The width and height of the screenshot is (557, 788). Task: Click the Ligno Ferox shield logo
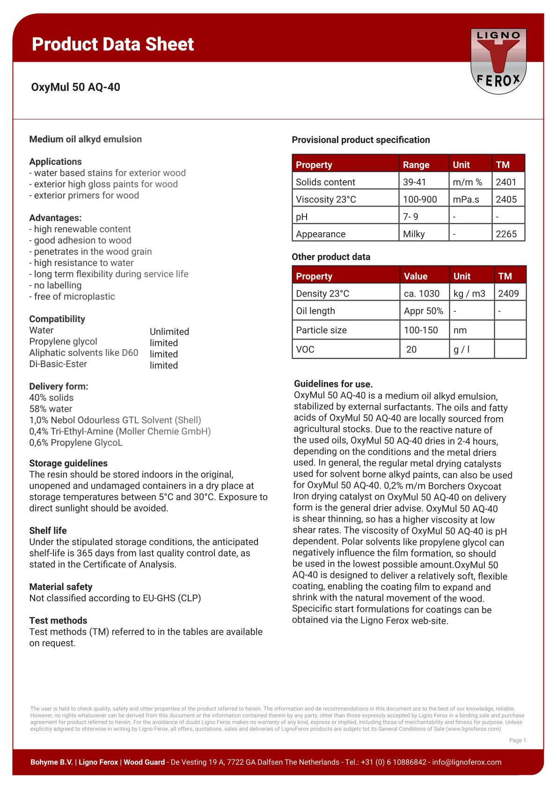(498, 61)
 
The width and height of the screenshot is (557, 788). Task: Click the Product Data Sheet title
(113, 44)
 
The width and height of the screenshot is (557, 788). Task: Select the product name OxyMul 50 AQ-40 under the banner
(76, 87)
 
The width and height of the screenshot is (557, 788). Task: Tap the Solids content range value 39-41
(415, 182)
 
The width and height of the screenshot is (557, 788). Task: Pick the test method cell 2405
(506, 199)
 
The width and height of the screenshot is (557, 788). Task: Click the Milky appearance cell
(414, 234)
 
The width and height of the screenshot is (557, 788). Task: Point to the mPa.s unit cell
(466, 199)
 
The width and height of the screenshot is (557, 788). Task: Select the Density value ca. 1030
(422, 294)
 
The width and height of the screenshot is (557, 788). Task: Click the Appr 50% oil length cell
(424, 311)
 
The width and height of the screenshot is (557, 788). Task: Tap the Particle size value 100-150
(421, 330)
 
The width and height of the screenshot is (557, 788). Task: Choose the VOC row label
(305, 349)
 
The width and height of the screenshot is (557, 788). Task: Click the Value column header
(416, 276)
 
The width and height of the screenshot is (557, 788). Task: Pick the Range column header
(416, 165)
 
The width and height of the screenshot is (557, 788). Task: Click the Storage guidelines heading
(68, 463)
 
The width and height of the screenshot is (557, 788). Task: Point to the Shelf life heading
(48, 530)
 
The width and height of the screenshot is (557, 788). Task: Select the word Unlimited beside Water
(169, 331)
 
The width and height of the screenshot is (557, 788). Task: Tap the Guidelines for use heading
(333, 384)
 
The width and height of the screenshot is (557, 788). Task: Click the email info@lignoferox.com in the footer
(467, 762)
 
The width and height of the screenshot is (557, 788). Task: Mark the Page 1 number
(517, 740)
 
